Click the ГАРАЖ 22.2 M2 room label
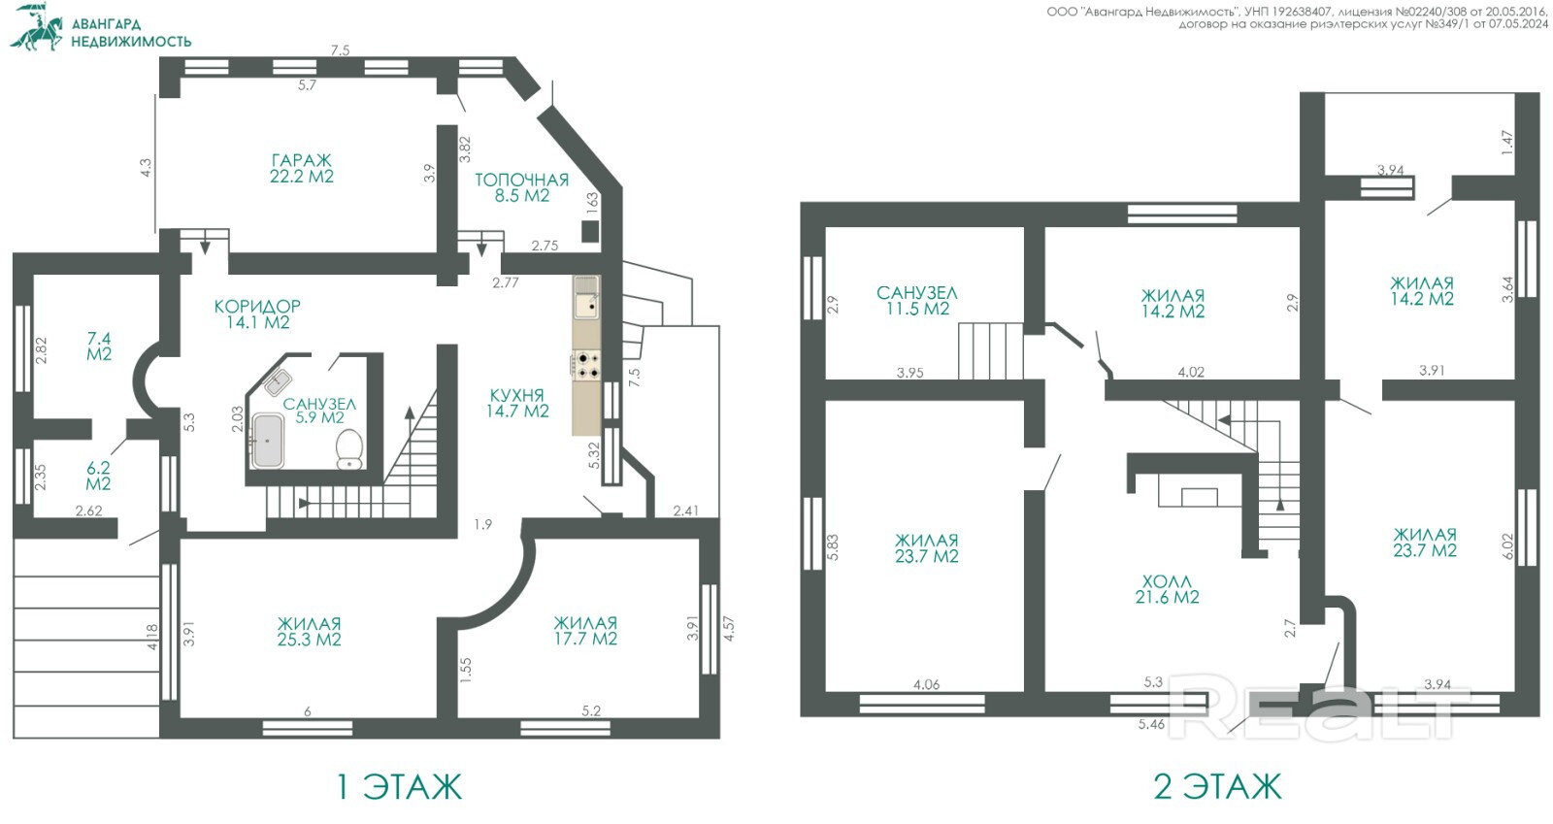click(302, 169)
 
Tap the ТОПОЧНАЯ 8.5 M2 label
click(521, 188)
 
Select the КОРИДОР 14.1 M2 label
click(257, 313)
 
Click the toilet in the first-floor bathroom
click(349, 448)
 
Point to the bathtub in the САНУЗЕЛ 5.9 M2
click(268, 440)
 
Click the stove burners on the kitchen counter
click(586, 366)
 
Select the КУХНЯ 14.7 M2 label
click(517, 404)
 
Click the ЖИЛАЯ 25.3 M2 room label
click(310, 631)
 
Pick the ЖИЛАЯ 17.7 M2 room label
click(585, 631)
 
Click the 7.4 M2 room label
click(99, 346)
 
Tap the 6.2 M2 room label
click(98, 477)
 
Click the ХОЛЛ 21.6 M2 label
click(1167, 589)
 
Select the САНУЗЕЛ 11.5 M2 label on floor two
click(916, 301)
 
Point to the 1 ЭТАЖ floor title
click(399, 786)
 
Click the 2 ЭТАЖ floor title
click(1217, 786)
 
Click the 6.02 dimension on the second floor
click(1507, 547)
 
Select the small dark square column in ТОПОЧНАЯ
click(590, 231)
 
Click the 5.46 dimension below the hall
click(1151, 724)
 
